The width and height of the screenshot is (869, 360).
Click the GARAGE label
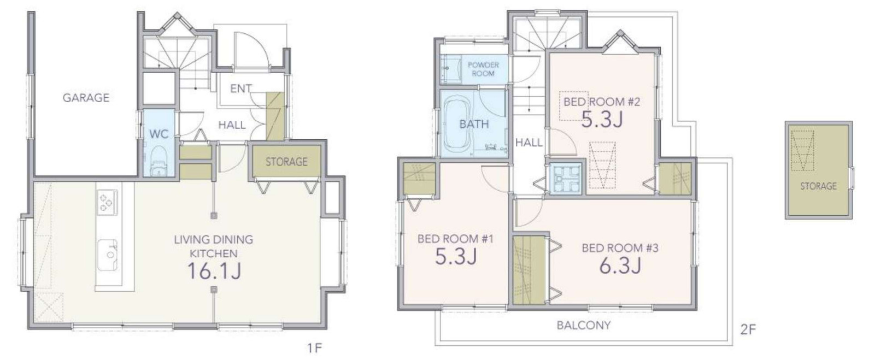[x=86, y=97]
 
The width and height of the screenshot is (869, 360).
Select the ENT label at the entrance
[x=241, y=88]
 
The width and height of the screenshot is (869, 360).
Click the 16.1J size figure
[x=214, y=271]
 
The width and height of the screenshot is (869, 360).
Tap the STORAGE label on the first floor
[x=286, y=161]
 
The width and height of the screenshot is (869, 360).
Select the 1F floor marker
[x=315, y=348]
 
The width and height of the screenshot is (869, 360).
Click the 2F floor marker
[x=748, y=329]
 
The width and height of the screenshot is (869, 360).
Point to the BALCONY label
[x=584, y=325]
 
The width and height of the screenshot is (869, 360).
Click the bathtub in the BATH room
[x=458, y=125]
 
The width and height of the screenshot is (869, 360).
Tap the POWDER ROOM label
[x=483, y=69]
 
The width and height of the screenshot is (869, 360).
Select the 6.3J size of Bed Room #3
[x=620, y=265]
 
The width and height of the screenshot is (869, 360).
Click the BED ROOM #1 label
[x=455, y=239]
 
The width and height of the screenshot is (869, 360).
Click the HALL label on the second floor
[x=529, y=143]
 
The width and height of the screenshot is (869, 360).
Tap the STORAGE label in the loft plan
[x=819, y=186]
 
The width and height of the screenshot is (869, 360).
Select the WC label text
[x=159, y=134]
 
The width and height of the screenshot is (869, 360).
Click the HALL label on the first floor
[x=232, y=125]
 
